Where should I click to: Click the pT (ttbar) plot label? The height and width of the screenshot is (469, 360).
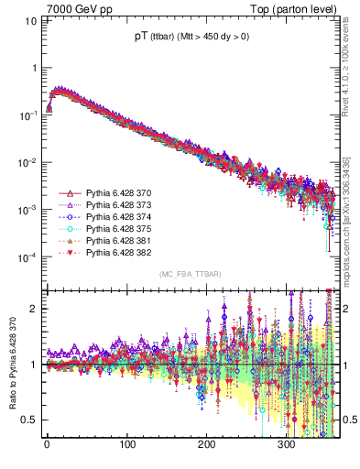(191, 37)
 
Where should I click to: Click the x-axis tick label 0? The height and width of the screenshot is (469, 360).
(47, 444)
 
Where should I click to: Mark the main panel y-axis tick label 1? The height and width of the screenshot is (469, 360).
(34, 69)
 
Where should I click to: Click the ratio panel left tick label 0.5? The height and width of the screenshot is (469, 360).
(29, 420)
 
